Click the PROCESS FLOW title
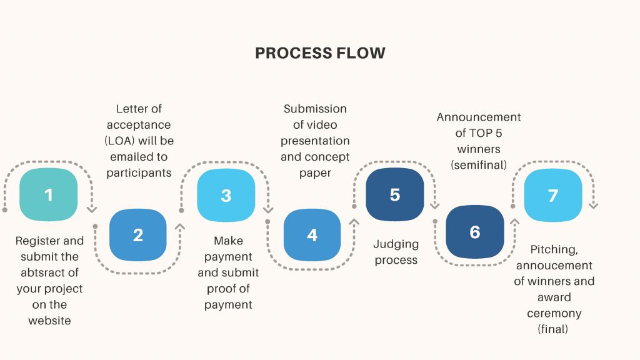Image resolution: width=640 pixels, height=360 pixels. pos(320,53)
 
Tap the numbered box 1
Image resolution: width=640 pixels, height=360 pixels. pos(49,195)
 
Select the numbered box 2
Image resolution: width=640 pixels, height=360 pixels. pos(138,235)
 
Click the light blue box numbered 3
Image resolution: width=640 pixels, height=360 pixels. pos(226,195)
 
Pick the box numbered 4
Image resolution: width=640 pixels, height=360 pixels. pos(312,235)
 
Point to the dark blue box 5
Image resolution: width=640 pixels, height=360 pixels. pos(394,194)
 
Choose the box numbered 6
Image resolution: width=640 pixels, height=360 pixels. pos(474,232)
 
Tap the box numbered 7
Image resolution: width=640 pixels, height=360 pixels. pos(552,196)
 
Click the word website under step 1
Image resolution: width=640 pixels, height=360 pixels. pos(49,321)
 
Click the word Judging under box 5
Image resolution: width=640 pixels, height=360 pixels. pos(396,244)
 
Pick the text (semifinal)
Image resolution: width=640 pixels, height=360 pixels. pos(479,165)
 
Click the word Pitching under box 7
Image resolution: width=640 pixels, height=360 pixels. pos(554,249)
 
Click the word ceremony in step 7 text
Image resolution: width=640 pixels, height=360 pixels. pos(554,313)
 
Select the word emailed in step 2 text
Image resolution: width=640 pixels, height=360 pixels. pos(129,156)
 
